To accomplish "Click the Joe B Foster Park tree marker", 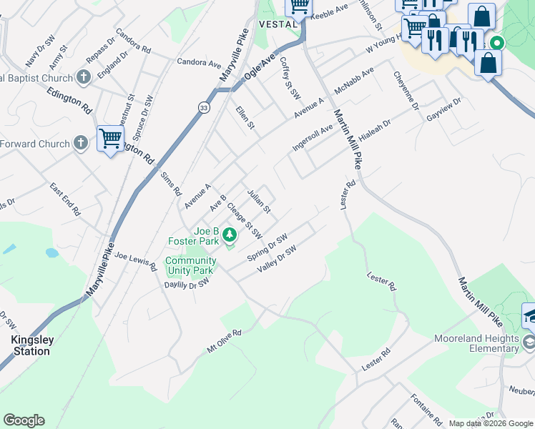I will coord(229,234).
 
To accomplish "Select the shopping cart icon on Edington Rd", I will coord(110,139).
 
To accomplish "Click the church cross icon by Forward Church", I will coord(82,144).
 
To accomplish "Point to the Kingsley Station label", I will coord(31,345).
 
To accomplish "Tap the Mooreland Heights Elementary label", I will coord(485,344).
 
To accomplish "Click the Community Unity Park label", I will coord(190,266).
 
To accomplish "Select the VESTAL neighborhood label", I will coord(277,24).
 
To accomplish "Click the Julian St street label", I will coord(258,202).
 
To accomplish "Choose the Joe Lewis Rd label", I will coord(135,261).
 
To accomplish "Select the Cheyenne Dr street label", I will coord(405,90).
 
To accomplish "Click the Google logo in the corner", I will coord(24,420).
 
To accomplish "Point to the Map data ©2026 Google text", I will coord(490,423).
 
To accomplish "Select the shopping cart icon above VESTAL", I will coord(299,6).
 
